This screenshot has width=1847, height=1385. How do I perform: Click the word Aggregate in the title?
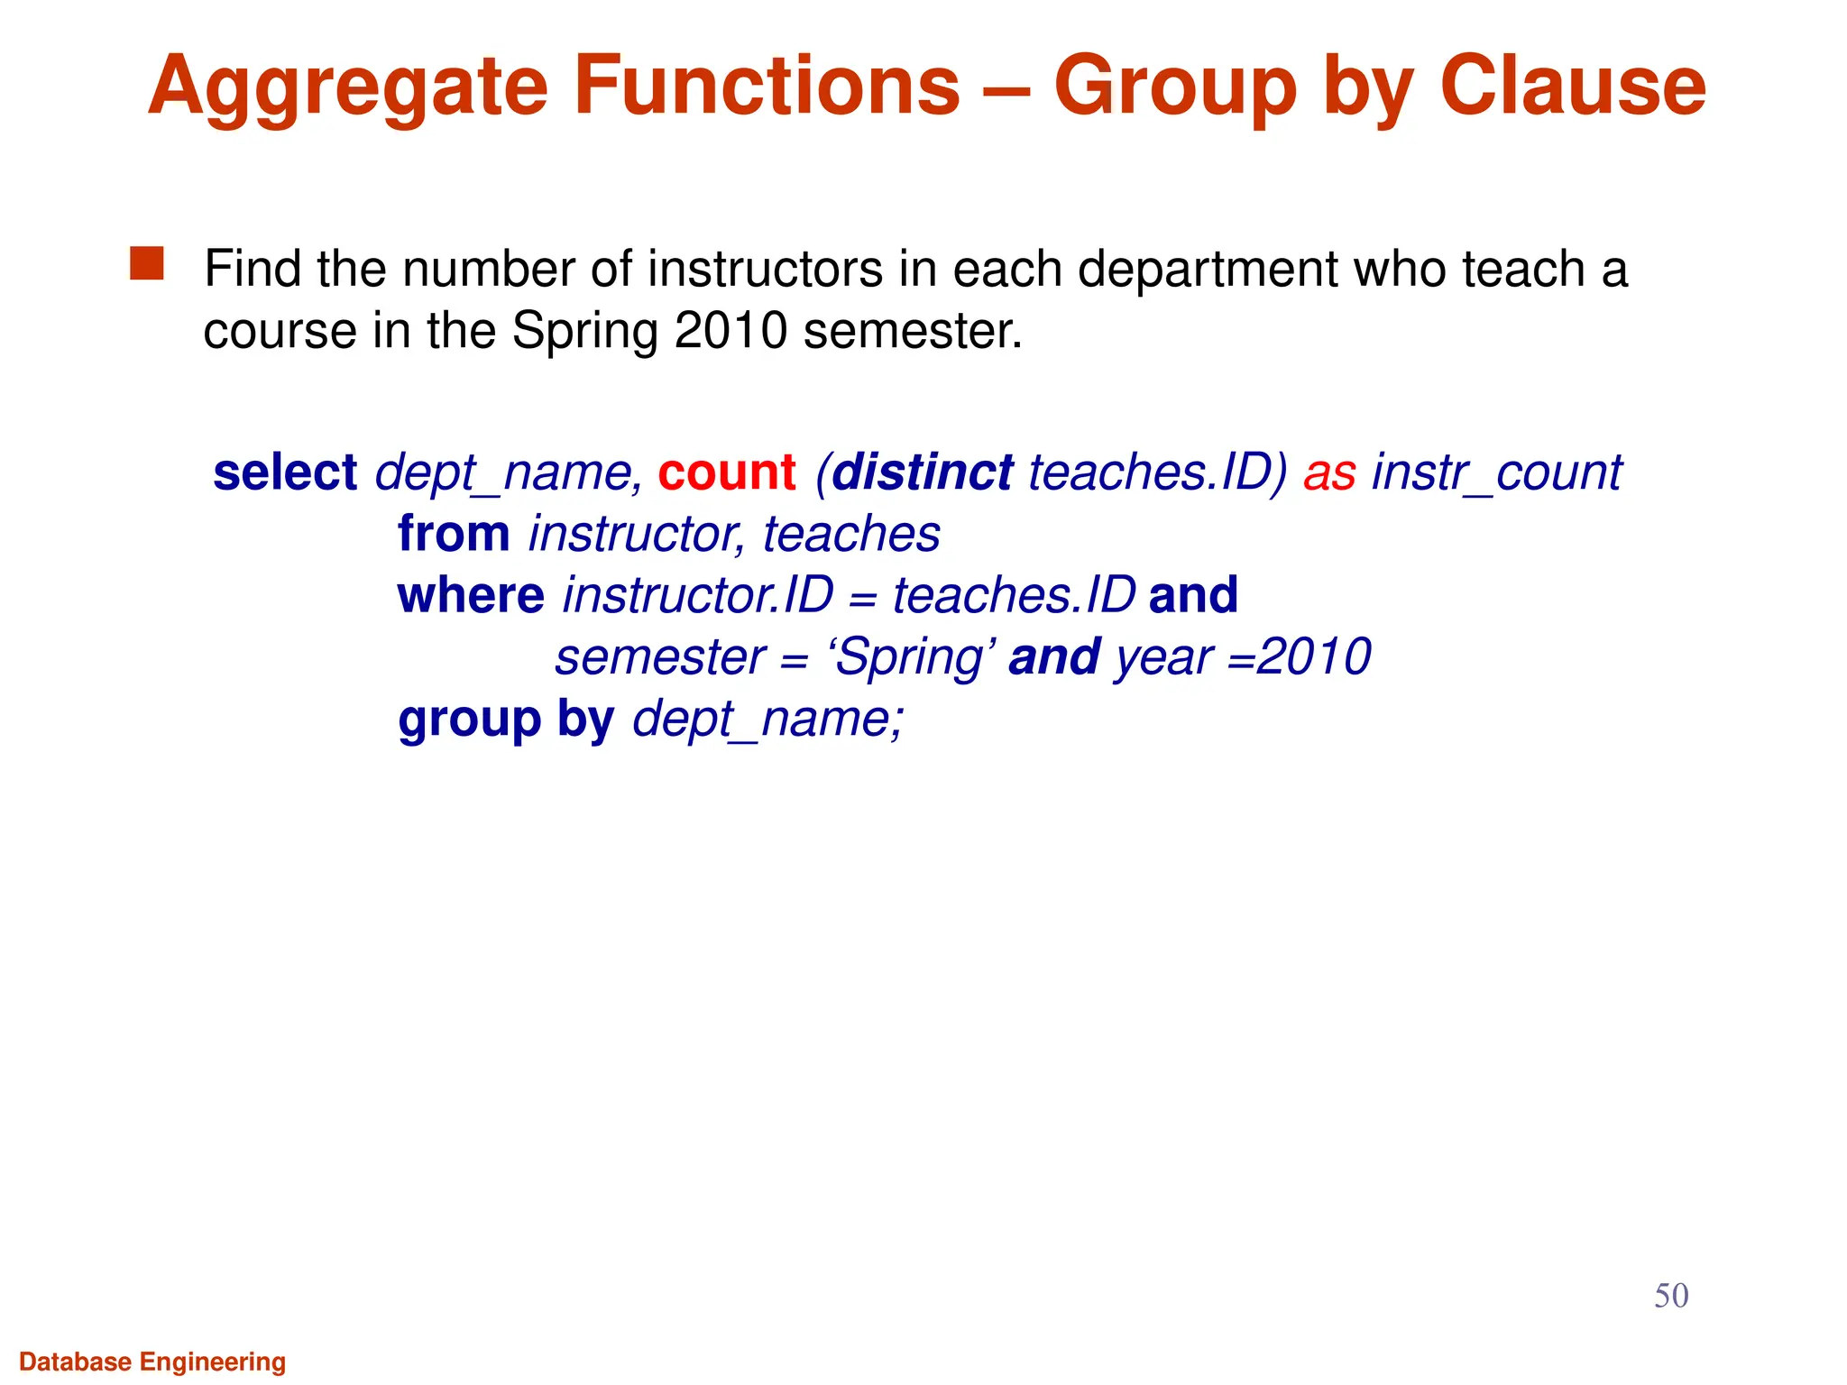click(348, 87)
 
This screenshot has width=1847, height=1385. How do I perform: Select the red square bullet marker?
click(147, 264)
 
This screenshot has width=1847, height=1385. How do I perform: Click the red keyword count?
click(727, 472)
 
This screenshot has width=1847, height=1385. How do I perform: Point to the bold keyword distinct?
click(922, 472)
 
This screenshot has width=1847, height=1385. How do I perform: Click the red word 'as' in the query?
click(1329, 472)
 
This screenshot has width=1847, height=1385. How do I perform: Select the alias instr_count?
click(1496, 472)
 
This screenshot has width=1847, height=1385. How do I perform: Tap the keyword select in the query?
click(285, 472)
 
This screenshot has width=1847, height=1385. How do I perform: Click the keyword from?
click(454, 534)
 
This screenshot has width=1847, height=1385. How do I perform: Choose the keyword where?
click(471, 595)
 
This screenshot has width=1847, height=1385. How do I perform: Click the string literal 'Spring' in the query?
click(912, 657)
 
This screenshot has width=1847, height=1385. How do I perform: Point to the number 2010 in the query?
click(1314, 656)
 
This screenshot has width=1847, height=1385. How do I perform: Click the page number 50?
click(1670, 1296)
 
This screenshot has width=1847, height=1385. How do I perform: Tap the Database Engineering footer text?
click(152, 1362)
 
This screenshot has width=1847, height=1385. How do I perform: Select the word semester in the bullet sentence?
click(913, 331)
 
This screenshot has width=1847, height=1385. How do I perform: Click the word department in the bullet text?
click(1208, 269)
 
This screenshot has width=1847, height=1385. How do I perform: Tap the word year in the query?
click(1163, 657)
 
